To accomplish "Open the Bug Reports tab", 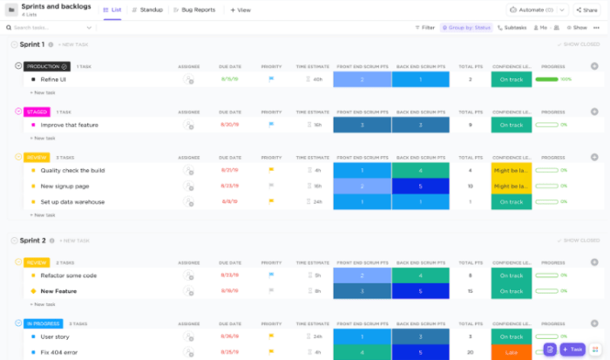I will coord(196,10).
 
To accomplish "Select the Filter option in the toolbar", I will coord(424,27).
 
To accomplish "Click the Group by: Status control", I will coord(466,27).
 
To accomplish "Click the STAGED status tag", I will coord(37,112).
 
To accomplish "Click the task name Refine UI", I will coord(53,79).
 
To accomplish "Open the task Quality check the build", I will coord(72,170).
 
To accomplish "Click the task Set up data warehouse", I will coord(72,201).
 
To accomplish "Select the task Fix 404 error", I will coord(59,351).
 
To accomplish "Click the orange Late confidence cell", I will coord(511,351).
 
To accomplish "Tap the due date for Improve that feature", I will coord(230,125).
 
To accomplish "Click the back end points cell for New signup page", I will coord(420,186).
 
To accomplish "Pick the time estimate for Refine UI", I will coord(315,79).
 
